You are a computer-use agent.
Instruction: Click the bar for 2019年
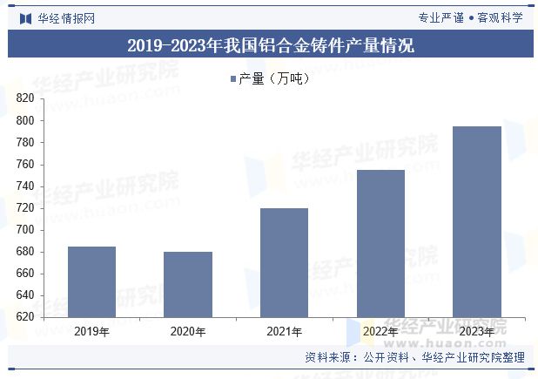pos(91,281)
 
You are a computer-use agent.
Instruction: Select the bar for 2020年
pos(188,284)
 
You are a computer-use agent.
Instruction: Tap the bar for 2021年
pos(285,262)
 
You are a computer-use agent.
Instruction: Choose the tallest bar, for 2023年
pos(477,221)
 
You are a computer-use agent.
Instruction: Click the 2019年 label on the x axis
pos(91,332)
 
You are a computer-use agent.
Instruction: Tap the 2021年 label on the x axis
pos(285,332)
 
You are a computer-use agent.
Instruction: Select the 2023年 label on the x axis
pos(477,332)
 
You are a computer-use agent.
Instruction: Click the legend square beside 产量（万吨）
pos(233,79)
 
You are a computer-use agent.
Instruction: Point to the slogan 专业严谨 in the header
pos(440,17)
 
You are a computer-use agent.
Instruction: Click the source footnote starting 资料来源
pos(414,358)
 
